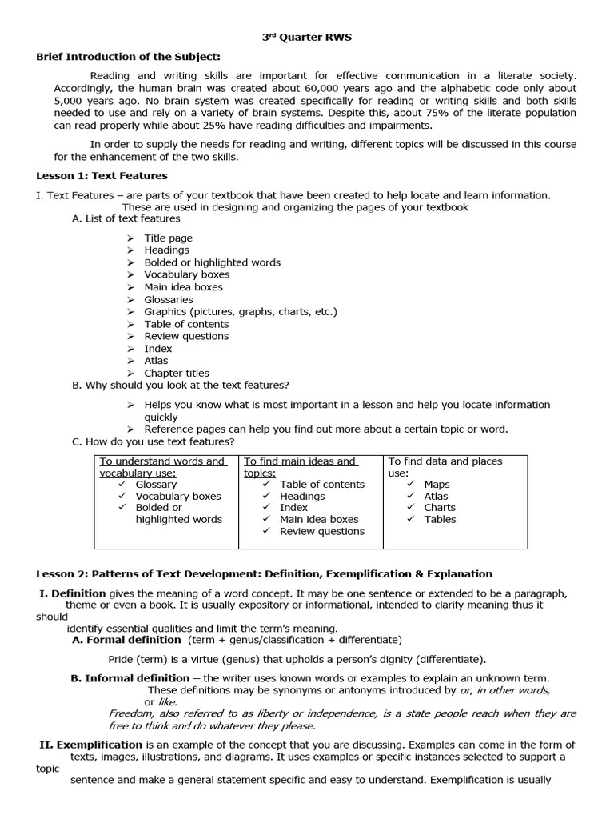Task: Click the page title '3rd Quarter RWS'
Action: tap(306, 37)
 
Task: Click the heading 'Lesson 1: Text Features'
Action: tap(102, 175)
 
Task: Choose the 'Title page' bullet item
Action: tap(168, 238)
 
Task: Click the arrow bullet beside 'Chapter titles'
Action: tap(131, 374)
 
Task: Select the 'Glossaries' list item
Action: tap(169, 299)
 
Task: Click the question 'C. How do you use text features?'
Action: tap(153, 441)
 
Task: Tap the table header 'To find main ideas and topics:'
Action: tap(299, 467)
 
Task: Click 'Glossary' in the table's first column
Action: tap(156, 485)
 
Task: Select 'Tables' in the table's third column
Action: tap(440, 519)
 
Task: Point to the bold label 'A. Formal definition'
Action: tap(126, 640)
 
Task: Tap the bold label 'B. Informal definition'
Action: tap(130, 678)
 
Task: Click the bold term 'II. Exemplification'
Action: tap(90, 745)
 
